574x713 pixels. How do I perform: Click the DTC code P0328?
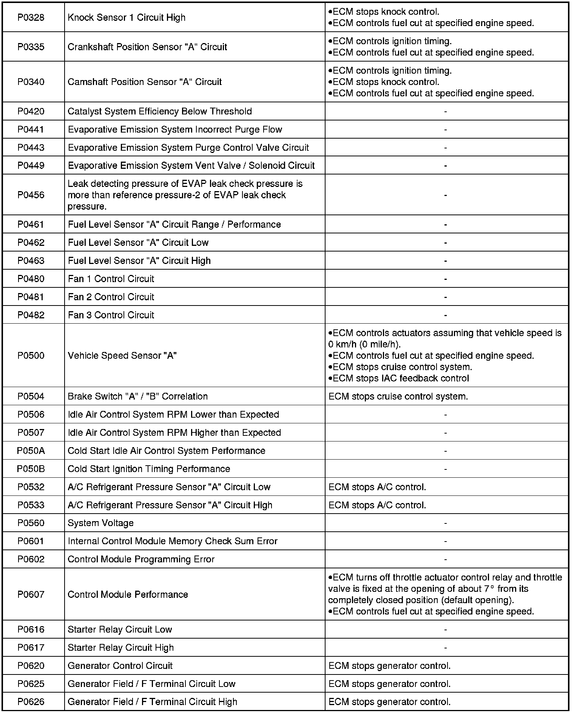tap(31, 18)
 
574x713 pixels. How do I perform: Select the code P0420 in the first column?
tap(31, 111)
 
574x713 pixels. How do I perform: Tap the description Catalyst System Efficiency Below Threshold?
tap(160, 111)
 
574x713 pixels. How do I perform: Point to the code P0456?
tap(31, 195)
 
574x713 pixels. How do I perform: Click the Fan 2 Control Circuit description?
tap(111, 297)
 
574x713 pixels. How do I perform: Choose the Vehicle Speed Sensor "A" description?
tap(122, 356)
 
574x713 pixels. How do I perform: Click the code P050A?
tap(31, 451)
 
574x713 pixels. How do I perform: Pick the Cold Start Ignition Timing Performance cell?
tap(149, 469)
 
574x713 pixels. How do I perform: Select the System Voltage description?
tap(101, 523)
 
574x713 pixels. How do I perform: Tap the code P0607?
tap(31, 594)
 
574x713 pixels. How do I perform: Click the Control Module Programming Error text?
tap(141, 560)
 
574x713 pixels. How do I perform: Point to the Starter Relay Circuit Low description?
tap(120, 630)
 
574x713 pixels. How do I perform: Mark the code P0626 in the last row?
tap(31, 702)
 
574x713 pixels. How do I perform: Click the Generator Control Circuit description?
tap(120, 666)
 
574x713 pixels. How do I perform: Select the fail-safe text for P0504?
tap(398, 397)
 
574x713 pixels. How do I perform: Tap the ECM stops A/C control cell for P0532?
tap(378, 487)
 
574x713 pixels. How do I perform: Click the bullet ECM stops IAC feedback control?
tap(399, 378)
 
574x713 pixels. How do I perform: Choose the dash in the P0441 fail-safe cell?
tap(446, 130)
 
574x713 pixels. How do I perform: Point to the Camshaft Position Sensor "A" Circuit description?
tap(145, 82)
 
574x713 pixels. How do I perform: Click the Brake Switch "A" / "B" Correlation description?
tap(138, 397)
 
